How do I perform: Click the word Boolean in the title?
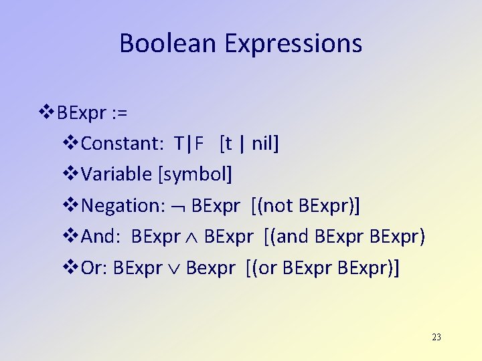tap(169, 43)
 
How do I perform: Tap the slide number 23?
tap(436, 337)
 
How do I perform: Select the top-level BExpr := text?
tap(92, 112)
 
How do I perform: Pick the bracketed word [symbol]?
tap(195, 174)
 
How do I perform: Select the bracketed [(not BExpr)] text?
tap(305, 205)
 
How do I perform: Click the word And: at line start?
tap(101, 236)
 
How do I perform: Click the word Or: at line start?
tap(94, 267)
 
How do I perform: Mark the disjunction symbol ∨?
tap(174, 269)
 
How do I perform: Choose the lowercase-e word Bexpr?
tap(210, 267)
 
